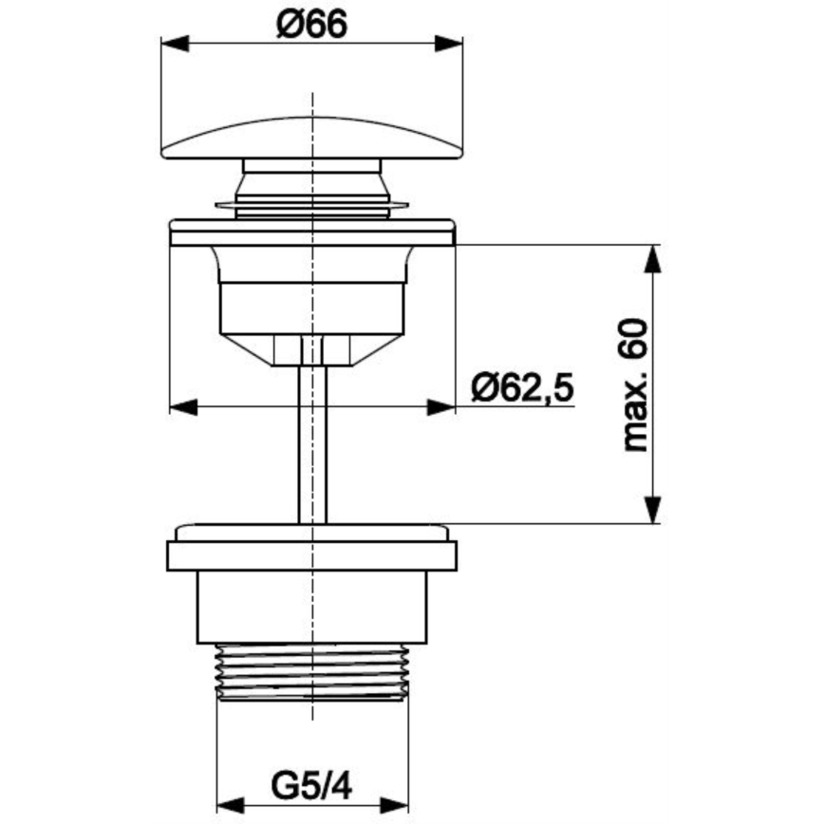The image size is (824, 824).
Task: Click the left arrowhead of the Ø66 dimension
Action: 176,44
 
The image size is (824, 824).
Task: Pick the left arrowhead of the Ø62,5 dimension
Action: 182,407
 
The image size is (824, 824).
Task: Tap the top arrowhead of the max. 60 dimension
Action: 653,258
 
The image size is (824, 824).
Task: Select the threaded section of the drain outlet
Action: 312,672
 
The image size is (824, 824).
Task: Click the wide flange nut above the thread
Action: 312,555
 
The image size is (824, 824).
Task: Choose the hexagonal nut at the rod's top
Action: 312,350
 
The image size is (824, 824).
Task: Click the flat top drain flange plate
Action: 312,234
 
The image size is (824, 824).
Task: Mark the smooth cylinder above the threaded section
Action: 312,608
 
